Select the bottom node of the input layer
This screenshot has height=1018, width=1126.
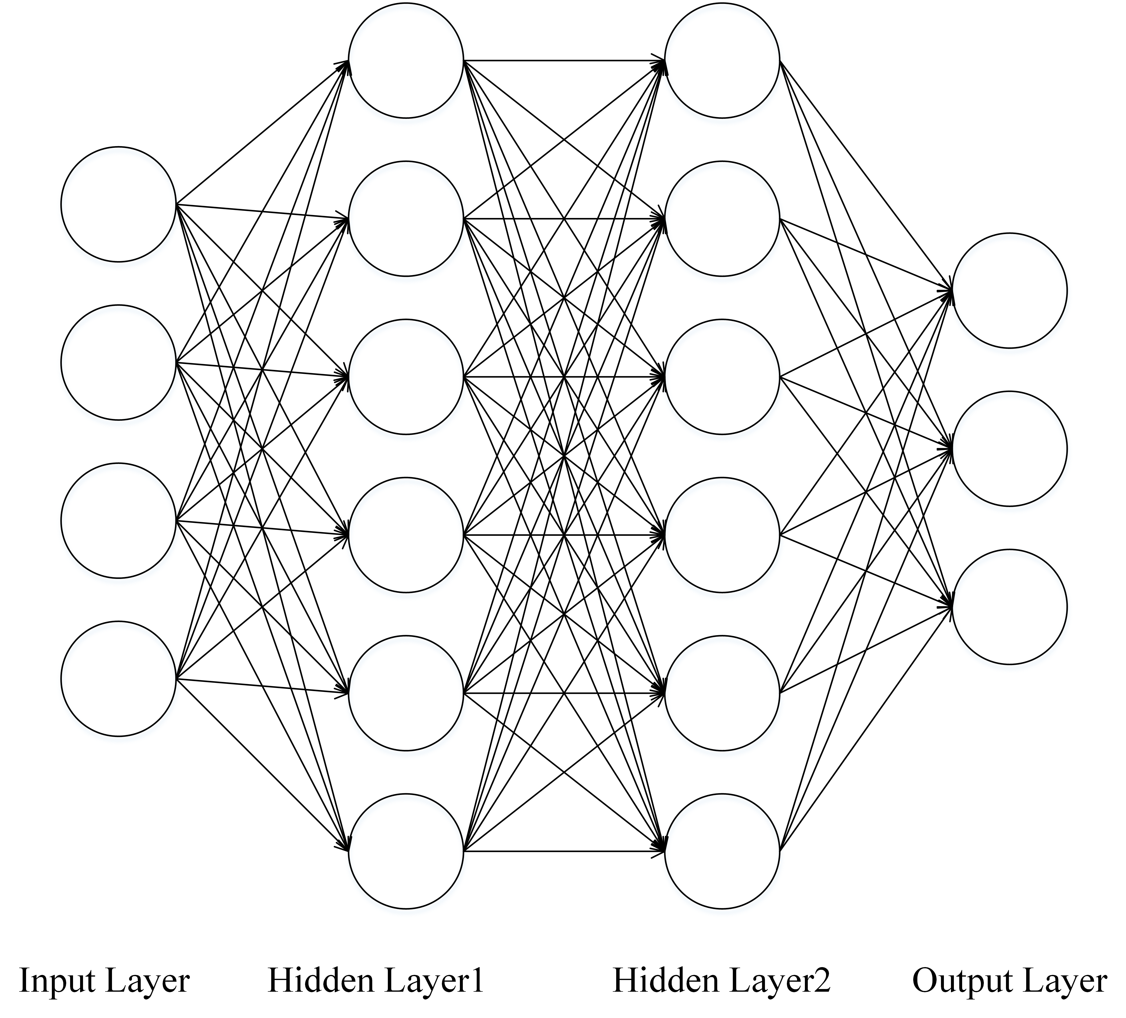point(118,679)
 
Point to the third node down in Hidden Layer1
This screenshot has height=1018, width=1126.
point(406,377)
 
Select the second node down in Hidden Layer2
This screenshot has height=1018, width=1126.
point(722,218)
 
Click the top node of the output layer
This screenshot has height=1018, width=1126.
point(1010,291)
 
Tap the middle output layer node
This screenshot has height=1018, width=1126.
point(1010,449)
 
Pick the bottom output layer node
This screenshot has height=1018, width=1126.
point(1010,607)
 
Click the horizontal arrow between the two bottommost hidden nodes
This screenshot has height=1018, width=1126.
point(564,851)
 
